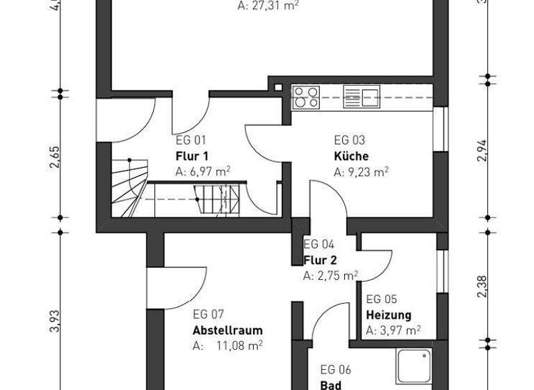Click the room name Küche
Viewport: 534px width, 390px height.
pos(351,156)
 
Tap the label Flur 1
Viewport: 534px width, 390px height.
pos(191,156)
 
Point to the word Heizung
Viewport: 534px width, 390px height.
pos(388,315)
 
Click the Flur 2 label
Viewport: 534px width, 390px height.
pos(319,260)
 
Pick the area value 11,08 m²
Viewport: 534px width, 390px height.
pos(237,345)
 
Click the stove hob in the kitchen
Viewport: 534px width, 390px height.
pos(305,98)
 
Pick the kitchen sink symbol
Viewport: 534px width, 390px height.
pos(362,98)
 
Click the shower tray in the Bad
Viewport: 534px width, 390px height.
pos(414,366)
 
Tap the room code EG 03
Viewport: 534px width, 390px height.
pos(349,140)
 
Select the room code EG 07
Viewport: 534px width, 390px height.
pos(209,314)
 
